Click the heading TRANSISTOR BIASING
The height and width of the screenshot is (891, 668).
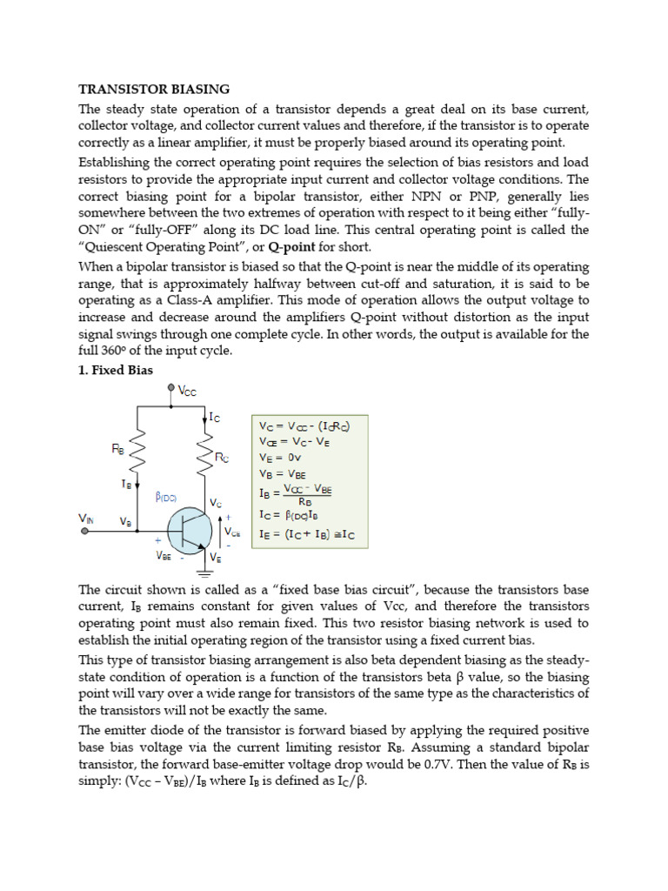[154, 89]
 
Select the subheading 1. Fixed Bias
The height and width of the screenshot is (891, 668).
[116, 370]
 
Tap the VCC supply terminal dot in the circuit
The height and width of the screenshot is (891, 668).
[170, 391]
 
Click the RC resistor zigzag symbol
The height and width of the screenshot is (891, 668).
[205, 459]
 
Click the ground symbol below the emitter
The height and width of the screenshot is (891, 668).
[205, 573]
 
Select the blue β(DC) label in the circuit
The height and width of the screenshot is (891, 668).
[166, 497]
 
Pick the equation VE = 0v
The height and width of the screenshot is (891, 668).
[279, 457]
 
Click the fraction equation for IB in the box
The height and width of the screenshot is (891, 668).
[296, 494]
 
